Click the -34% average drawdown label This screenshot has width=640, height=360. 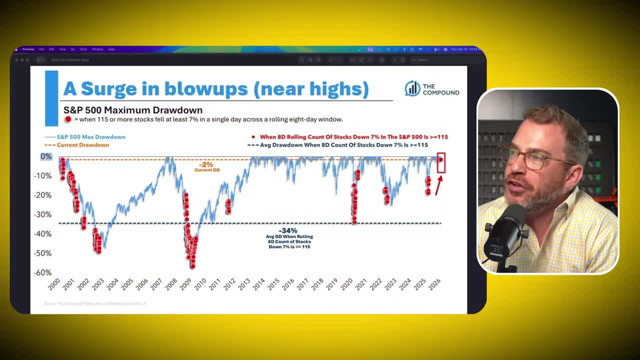click(x=290, y=230)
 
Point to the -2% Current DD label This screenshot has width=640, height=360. click(x=206, y=164)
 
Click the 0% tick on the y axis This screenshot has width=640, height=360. click(x=46, y=156)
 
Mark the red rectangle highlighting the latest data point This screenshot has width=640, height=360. click(x=440, y=163)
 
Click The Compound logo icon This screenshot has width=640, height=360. click(x=412, y=88)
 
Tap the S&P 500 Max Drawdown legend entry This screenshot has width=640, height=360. click(x=85, y=136)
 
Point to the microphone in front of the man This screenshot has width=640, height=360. click(x=505, y=232)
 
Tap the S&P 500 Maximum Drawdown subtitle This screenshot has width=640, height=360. click(x=133, y=110)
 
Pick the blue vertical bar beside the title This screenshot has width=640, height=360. click(x=51, y=98)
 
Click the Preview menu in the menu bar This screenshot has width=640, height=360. click(x=28, y=49)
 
